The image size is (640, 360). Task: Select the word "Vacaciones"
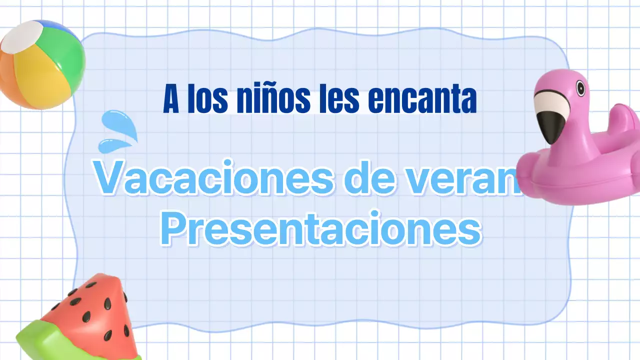tap(213, 177)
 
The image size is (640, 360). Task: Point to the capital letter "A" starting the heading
tap(171, 99)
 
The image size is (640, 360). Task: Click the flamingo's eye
tap(580, 88)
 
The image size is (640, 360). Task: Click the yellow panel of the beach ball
tap(42, 80)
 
